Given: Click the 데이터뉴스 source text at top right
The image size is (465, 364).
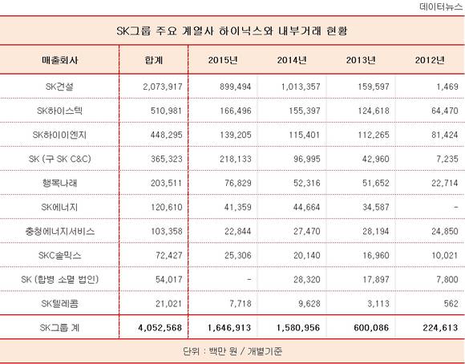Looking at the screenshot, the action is click(441, 6).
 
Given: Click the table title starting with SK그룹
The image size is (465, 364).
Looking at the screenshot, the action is click(232, 30).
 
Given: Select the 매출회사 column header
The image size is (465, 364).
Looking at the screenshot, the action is click(59, 60).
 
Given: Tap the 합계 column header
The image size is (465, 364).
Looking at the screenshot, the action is click(154, 60).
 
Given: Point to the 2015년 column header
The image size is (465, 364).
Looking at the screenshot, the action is click(223, 60).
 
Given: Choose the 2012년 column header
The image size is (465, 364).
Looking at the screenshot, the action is click(430, 60).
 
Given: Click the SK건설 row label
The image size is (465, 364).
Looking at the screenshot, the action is click(59, 87).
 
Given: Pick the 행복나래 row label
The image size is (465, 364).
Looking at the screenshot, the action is click(59, 183).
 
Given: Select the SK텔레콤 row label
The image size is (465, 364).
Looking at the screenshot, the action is click(59, 304).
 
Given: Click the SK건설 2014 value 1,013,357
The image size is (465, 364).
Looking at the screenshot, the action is click(301, 87).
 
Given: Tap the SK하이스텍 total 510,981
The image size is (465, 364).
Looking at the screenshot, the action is click(167, 111).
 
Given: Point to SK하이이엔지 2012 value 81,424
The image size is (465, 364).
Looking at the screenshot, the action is click(444, 135).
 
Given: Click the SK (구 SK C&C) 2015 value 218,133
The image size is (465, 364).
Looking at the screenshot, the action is click(236, 159).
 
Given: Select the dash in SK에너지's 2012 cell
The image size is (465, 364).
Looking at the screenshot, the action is click(456, 207).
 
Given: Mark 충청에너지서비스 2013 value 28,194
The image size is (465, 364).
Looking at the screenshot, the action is click(376, 231).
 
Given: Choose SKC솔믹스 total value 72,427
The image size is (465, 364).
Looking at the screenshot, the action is click(168, 256).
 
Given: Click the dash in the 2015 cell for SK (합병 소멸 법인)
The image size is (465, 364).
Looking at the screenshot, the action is click(249, 280).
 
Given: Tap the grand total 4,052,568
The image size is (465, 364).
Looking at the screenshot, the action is click(160, 328).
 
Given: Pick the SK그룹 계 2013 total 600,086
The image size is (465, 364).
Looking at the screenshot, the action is click(371, 328).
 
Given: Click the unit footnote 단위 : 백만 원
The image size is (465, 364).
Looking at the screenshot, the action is click(210, 351).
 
